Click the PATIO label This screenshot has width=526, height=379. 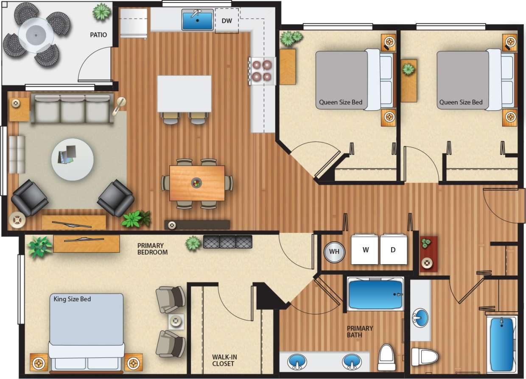tap(98, 35)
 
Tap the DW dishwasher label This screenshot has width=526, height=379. tap(227, 20)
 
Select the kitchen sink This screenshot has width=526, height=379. tap(198, 20)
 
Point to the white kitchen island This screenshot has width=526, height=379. tap(184, 94)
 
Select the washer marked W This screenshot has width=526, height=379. tap(365, 249)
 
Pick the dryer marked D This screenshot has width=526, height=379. tap(393, 249)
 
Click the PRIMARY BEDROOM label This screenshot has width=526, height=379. tap(152, 249)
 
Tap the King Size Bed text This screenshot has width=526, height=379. tap(72, 299)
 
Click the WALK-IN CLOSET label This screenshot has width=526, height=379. tap(224, 360)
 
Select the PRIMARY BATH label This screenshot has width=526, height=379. tap(360, 332)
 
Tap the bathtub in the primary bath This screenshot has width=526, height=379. tap(375, 294)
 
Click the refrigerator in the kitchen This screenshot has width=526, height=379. tap(134, 23)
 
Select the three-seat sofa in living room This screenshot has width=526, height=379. tap(73, 109)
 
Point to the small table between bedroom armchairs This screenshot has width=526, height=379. tap(176, 322)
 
